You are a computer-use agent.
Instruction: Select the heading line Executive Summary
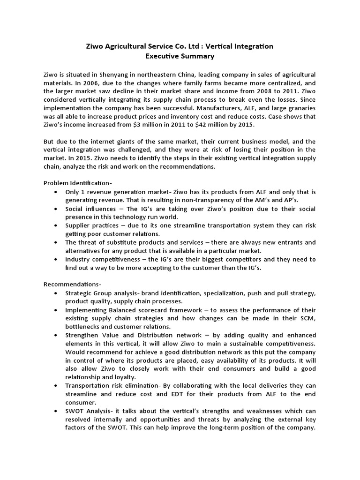pyautogui.click(x=180, y=56)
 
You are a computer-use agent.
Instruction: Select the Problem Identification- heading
pyautogui.click(x=78, y=183)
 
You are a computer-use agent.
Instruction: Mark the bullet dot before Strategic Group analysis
pyautogui.click(x=56, y=293)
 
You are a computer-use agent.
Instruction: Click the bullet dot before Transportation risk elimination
pyautogui.click(x=56, y=386)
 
